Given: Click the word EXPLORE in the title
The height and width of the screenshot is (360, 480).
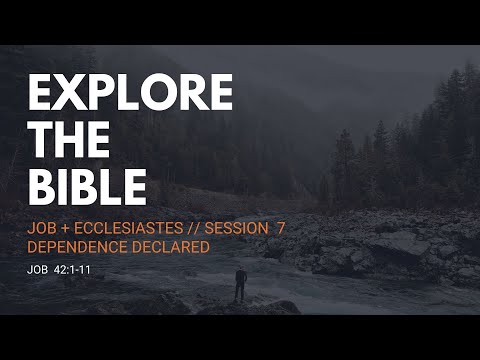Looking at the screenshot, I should [x=130, y=93].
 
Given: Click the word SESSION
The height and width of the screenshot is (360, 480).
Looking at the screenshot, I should [x=237, y=229].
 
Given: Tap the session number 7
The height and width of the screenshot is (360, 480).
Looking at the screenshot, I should [x=282, y=229].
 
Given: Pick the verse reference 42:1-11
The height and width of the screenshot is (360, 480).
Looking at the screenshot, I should [x=73, y=269].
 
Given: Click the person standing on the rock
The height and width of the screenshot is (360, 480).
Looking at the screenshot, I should [x=240, y=285].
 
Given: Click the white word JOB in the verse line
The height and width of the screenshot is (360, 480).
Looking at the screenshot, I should [x=38, y=269].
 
